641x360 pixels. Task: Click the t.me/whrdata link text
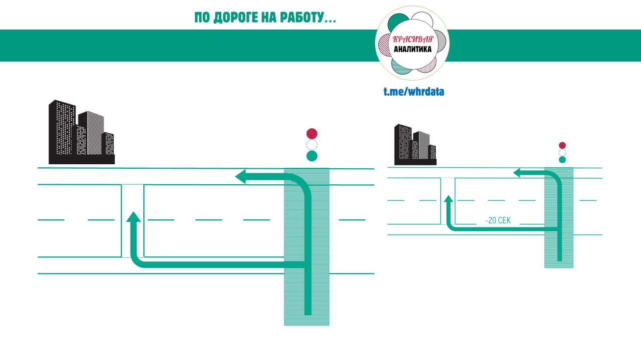pos(414,92)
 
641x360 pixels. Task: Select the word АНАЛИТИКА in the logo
pos(413,49)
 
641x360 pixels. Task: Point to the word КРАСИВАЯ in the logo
pos(413,40)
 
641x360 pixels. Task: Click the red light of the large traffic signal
pos(312,134)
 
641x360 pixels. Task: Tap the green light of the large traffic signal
pos(312,156)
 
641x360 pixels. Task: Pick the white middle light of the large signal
pos(312,145)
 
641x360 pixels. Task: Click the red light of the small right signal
pos(562,146)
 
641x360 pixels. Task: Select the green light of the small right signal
pos(562,160)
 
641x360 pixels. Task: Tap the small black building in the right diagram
pos(415,146)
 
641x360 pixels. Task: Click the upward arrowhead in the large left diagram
pos(133,217)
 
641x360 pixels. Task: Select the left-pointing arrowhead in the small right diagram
pos(517,173)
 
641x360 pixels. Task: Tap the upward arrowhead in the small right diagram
pos(449,199)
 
